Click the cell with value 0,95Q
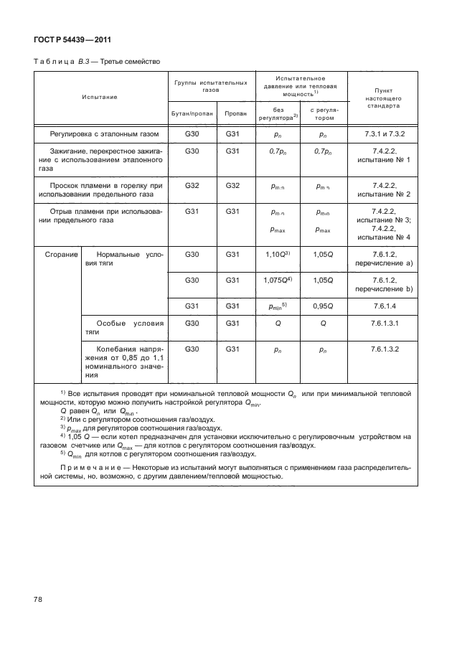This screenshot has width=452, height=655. (x=323, y=306)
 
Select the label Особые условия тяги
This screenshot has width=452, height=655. (x=123, y=328)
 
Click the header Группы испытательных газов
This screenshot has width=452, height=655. (x=211, y=87)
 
